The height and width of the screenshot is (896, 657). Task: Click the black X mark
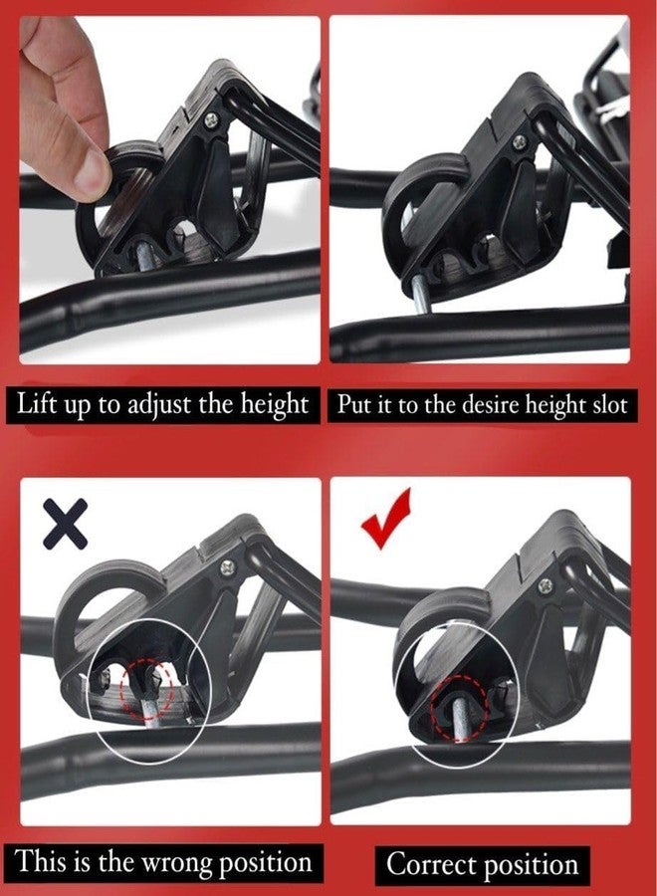[65, 524]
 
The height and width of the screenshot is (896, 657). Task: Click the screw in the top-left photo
[211, 119]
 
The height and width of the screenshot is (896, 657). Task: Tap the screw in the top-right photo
[519, 141]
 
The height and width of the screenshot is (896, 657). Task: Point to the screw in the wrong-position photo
[228, 566]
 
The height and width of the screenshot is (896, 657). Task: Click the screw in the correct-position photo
[546, 585]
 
